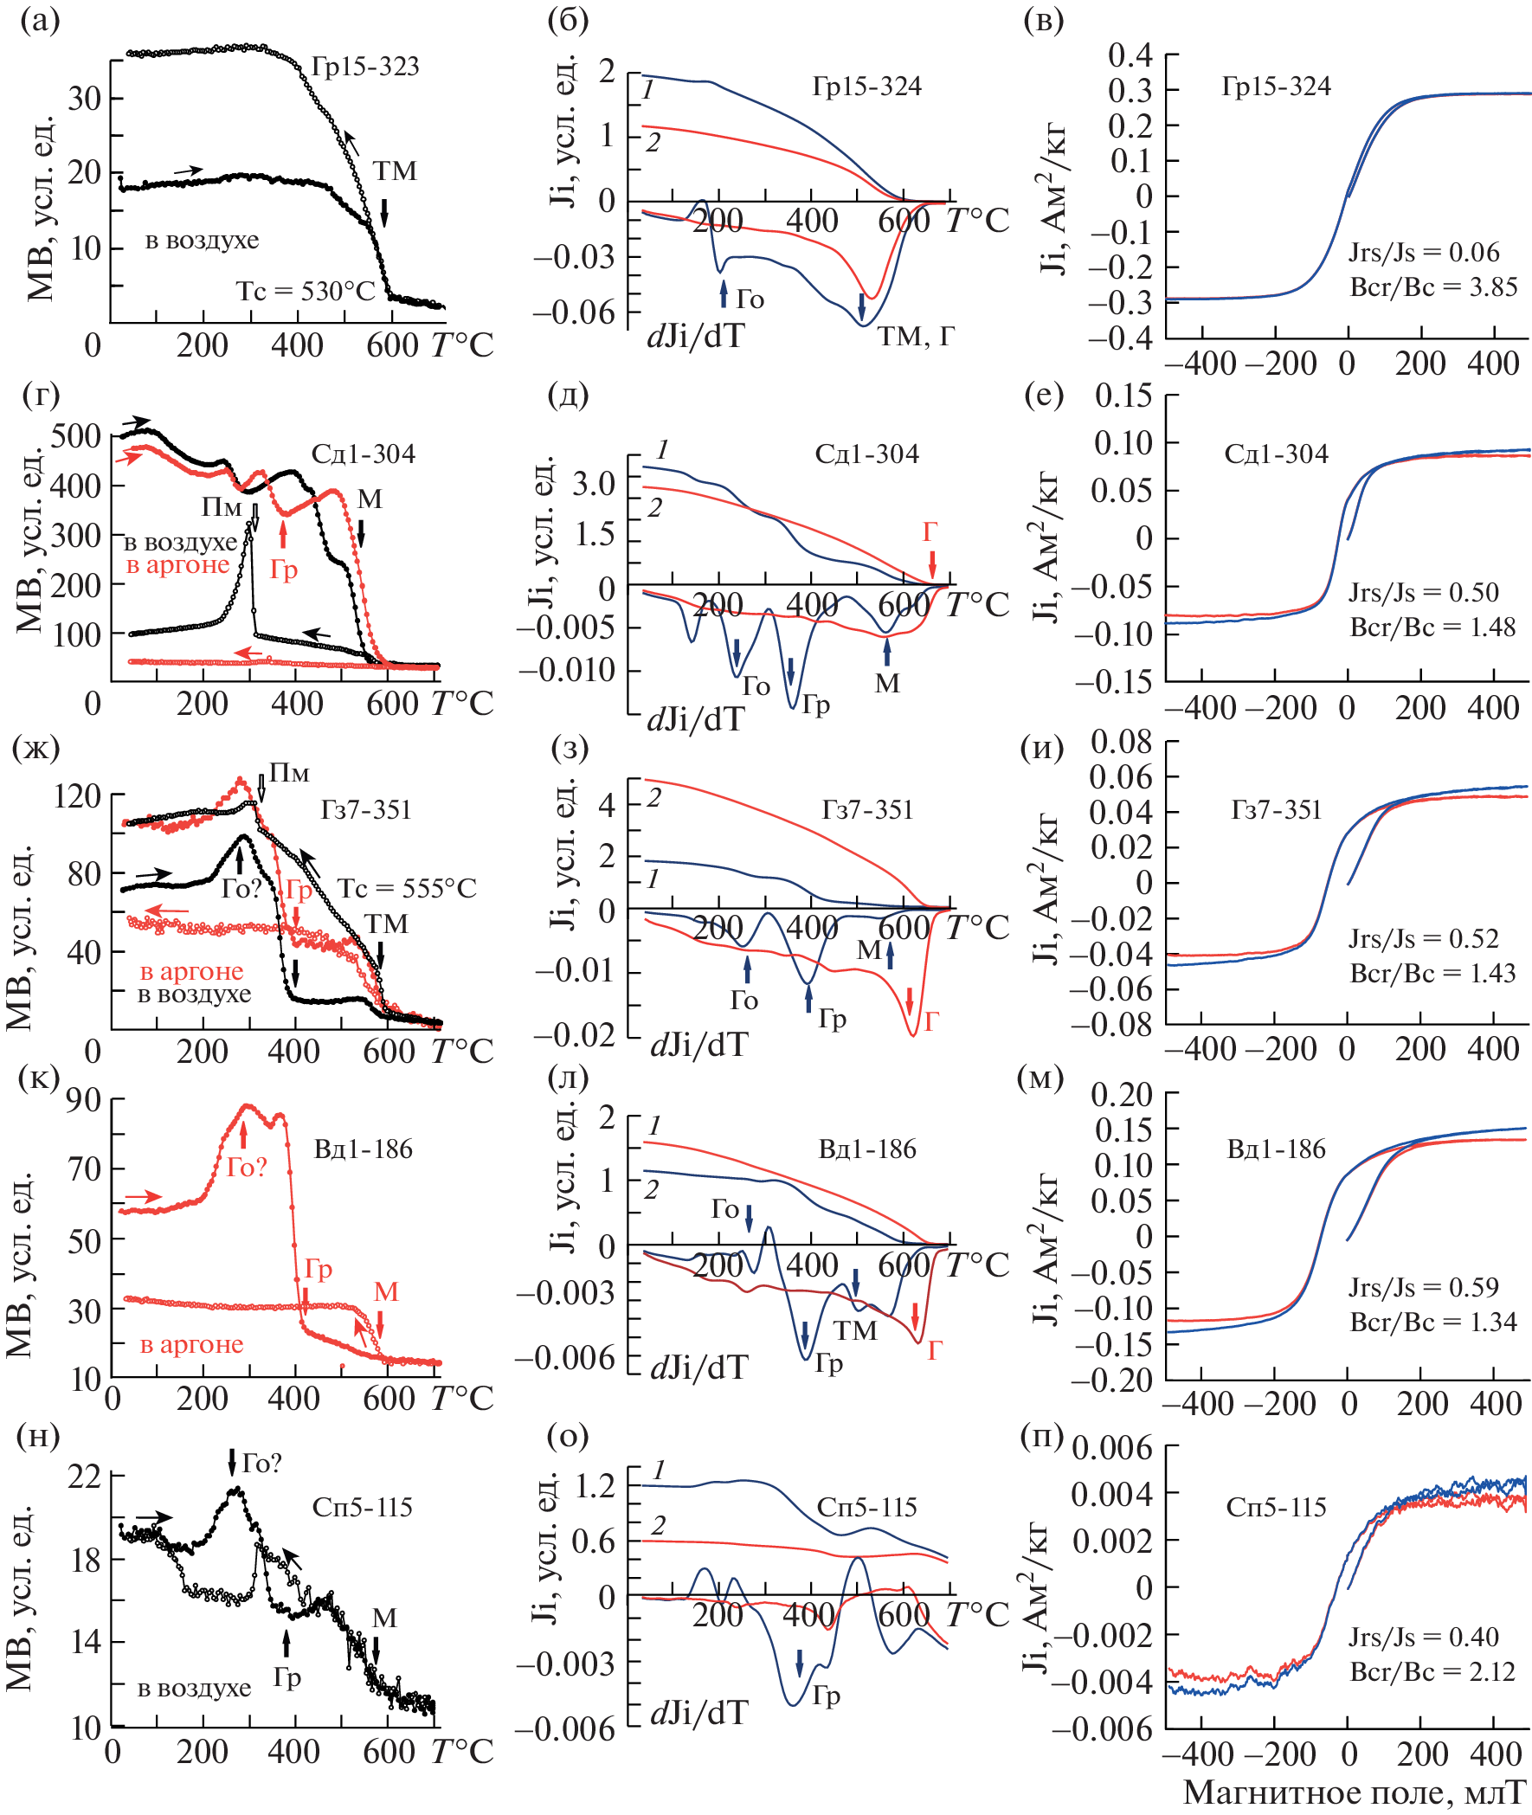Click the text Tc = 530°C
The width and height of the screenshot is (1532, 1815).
305,291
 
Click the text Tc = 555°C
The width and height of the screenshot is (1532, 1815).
407,888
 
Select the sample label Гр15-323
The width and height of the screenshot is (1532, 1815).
365,67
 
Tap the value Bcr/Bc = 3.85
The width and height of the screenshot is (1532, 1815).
1433,287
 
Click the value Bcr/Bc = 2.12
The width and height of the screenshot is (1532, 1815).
1432,1671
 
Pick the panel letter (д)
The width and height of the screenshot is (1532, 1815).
568,396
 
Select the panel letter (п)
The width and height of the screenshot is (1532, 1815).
1042,1438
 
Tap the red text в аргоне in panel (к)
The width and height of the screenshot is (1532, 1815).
192,1344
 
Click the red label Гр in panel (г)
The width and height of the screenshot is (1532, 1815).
284,570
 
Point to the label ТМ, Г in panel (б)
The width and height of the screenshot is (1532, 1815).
916,336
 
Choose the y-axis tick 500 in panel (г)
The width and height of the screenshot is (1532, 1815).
76,436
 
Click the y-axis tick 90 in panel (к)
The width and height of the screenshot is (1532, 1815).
84,1101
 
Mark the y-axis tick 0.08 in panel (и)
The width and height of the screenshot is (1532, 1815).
1121,743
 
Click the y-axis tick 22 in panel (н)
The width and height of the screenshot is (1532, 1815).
84,1477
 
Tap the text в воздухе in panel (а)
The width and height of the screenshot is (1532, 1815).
202,241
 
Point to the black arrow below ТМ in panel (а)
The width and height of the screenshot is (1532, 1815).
384,211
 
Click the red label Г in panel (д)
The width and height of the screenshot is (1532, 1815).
930,531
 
